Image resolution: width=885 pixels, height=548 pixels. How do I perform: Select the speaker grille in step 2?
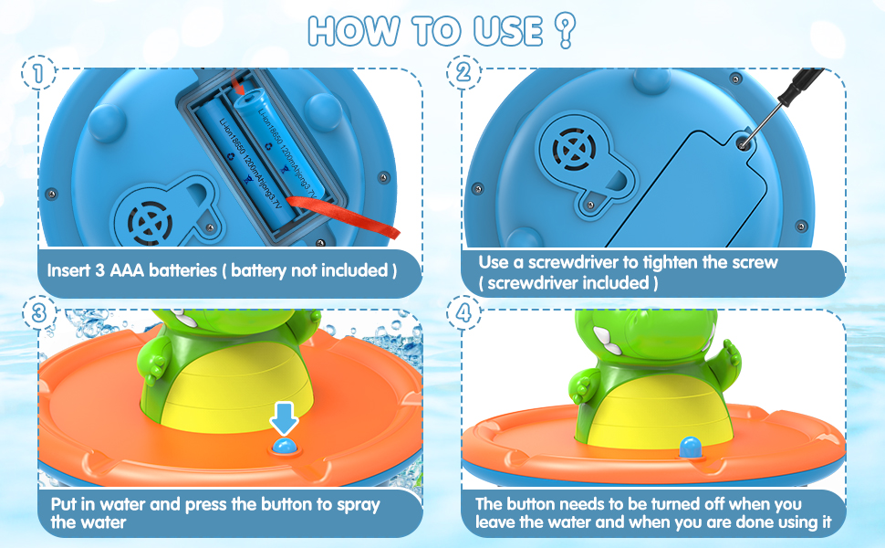[x=571, y=149]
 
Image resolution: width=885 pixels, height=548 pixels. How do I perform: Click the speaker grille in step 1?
[x=148, y=221]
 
